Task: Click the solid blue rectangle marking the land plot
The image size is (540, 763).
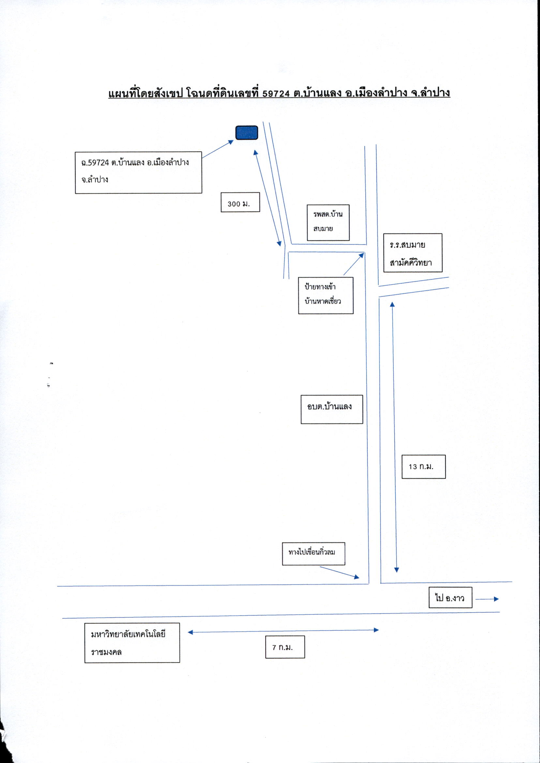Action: point(247,133)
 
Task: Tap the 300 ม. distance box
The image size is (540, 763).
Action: point(240,202)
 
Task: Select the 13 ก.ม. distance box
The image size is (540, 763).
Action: point(424,467)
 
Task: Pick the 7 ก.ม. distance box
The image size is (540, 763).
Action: point(285,647)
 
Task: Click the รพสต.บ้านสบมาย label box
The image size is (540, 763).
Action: point(328,222)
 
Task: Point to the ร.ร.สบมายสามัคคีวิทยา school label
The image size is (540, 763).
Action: point(413,253)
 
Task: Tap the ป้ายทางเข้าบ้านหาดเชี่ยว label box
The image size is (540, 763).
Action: point(326,295)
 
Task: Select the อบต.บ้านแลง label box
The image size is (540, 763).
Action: point(332,410)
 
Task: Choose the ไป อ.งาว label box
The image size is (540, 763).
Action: point(451,597)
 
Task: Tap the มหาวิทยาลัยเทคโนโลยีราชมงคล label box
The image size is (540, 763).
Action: point(132,643)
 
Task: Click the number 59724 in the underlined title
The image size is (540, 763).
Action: point(276,94)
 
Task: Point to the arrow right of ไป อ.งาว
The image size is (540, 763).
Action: point(487,599)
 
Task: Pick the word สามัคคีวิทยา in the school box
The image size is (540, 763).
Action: point(411,262)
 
